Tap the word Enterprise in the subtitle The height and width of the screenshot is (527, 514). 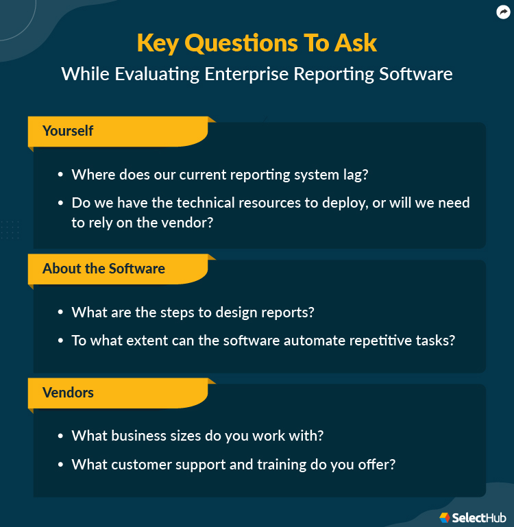click(x=247, y=74)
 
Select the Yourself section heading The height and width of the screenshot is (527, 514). click(x=68, y=130)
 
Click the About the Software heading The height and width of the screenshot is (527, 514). click(x=103, y=269)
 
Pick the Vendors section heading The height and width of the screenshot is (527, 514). click(x=68, y=393)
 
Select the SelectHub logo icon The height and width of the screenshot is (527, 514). click(x=444, y=517)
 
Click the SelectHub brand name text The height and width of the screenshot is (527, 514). click(x=479, y=517)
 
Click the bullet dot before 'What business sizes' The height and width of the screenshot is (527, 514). click(x=61, y=437)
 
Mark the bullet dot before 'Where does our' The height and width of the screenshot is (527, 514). click(x=61, y=175)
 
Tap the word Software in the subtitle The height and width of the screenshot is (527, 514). click(x=416, y=74)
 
